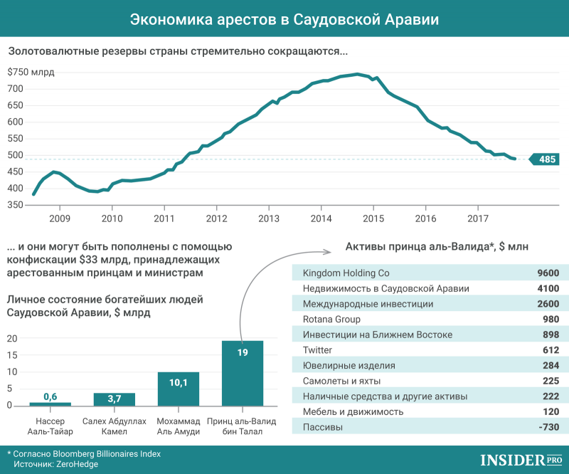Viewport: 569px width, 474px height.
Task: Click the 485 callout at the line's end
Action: coord(546,159)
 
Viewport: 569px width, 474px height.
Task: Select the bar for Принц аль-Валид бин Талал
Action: coord(243,373)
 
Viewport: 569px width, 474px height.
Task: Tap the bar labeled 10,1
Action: coord(178,389)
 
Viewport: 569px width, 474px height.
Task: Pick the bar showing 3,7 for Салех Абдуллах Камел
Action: coord(114,399)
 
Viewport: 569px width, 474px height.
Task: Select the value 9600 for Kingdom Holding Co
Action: coord(548,273)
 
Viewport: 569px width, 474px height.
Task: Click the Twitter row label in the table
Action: coord(317,350)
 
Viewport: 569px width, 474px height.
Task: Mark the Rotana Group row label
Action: coord(331,320)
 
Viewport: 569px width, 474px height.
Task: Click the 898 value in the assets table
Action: coord(550,335)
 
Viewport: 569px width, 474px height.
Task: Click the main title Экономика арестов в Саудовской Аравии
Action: coord(284,20)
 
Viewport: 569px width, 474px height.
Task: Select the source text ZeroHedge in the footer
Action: coord(79,464)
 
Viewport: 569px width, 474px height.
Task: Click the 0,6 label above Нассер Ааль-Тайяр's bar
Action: coord(50,396)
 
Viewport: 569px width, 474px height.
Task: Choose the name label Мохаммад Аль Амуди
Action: coord(178,426)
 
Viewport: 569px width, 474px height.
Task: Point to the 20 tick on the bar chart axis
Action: coord(11,338)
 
